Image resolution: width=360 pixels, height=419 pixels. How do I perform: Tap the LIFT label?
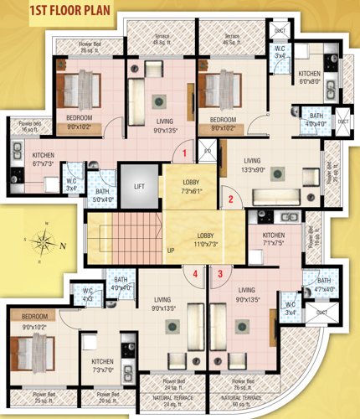coord(139,186)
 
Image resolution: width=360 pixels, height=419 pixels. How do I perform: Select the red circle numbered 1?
coord(186,153)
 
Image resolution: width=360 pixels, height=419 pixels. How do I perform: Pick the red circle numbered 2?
coord(229,199)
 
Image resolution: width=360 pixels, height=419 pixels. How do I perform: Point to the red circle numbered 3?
coord(220,273)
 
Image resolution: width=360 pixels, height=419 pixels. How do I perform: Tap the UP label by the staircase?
coord(171,251)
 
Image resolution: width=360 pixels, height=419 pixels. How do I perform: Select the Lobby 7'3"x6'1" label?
coord(191,187)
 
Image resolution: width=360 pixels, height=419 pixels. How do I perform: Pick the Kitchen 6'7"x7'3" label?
coord(44,160)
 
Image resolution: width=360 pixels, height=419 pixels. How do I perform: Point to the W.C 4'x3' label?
coord(88,294)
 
